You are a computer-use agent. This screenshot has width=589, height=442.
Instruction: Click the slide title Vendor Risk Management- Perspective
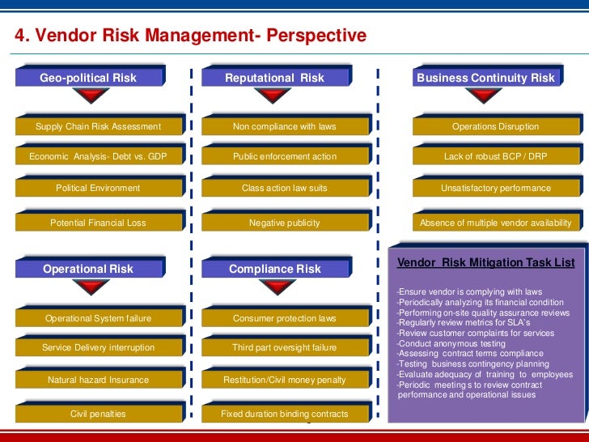click(x=191, y=36)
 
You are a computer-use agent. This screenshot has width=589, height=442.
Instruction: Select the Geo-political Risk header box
click(x=89, y=78)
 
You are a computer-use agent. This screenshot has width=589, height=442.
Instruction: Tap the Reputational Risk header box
click(x=274, y=78)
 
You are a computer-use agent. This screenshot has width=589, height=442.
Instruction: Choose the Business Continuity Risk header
click(x=485, y=78)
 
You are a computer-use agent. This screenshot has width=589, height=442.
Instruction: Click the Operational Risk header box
click(x=88, y=268)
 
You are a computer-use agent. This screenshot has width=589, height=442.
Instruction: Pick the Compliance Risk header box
click(x=275, y=268)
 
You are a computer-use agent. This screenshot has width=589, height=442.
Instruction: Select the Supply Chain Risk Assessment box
click(x=98, y=126)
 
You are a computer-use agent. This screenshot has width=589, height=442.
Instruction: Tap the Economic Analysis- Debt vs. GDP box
click(x=98, y=156)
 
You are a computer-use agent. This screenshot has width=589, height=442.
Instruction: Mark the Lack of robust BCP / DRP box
click(x=495, y=156)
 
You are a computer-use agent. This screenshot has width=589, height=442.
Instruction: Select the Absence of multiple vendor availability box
click(x=495, y=223)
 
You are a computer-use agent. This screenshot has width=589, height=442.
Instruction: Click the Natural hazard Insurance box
click(x=98, y=380)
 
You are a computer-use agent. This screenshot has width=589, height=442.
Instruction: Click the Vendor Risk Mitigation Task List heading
click(x=486, y=263)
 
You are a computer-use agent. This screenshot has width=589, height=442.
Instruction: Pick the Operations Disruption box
click(x=495, y=126)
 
